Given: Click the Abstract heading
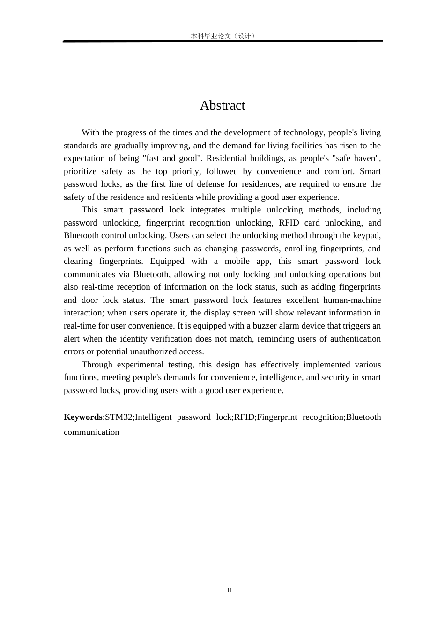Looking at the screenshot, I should [x=222, y=105].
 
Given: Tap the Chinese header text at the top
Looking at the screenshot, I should [x=223, y=36].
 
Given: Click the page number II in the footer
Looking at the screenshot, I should [x=229, y=590].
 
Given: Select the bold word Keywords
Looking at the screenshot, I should [x=83, y=417].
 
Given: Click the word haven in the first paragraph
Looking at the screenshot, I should [x=364, y=158].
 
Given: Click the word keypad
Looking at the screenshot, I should [x=366, y=235].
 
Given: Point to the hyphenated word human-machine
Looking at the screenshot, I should [x=352, y=300].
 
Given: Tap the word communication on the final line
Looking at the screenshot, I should [x=91, y=432].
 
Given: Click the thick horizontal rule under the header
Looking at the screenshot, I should [x=223, y=41].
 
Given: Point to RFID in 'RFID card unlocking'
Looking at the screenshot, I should [x=289, y=223].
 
